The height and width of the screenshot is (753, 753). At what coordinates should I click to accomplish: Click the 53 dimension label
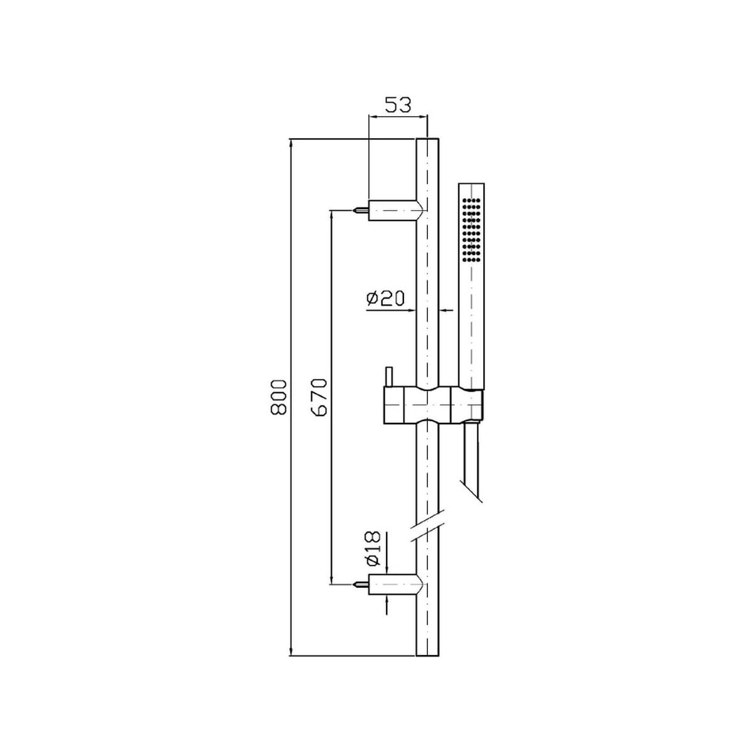coord(398,105)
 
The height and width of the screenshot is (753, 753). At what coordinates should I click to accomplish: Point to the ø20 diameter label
coord(386,299)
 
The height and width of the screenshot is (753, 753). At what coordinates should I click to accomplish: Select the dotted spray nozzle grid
coord(471,230)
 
